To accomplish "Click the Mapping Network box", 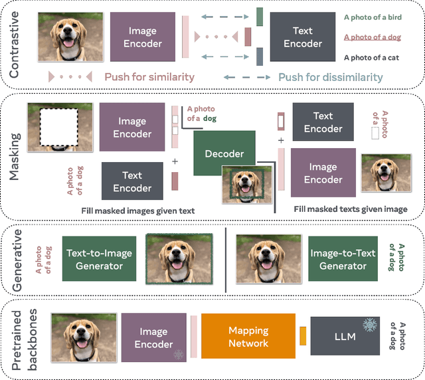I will pyautogui.click(x=248, y=337).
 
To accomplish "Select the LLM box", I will pyautogui.click(x=345, y=337).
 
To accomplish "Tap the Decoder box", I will pyautogui.click(x=223, y=153).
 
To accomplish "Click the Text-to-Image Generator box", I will pyautogui.click(x=99, y=259).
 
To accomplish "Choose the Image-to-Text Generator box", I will pyautogui.click(x=343, y=259).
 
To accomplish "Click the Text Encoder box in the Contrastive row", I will pyautogui.click(x=302, y=37).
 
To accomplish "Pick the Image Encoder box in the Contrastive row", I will pyautogui.click(x=143, y=37).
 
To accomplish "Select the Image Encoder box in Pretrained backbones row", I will pyautogui.click(x=153, y=337).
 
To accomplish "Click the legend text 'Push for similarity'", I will pyautogui.click(x=149, y=77).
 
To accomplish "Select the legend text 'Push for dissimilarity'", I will pyautogui.click(x=330, y=77).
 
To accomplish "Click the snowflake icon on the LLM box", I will pyautogui.click(x=369, y=325).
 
